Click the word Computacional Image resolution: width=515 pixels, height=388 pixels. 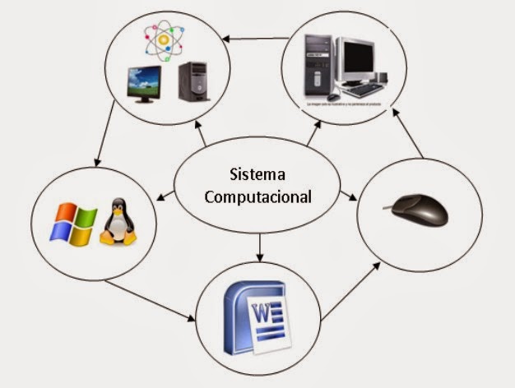258,197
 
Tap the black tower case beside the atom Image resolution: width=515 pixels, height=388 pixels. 194,81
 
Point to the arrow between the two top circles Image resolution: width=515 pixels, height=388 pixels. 256,38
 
